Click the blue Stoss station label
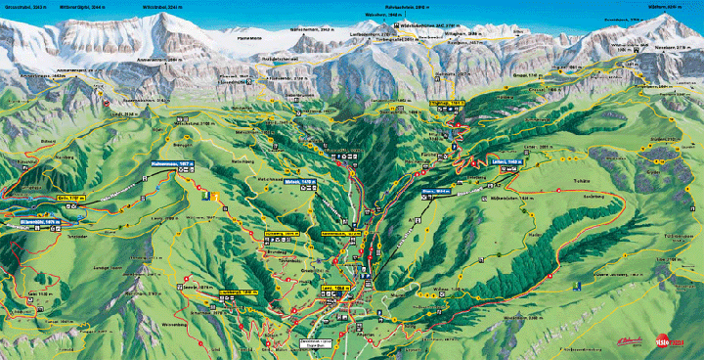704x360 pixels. pos(436,192)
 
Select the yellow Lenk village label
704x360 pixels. pos(337,287)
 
